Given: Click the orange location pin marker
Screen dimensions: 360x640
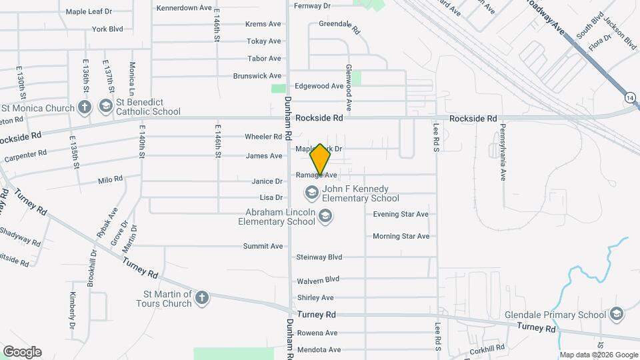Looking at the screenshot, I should (320, 159).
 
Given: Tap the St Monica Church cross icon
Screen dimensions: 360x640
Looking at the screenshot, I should (84, 106).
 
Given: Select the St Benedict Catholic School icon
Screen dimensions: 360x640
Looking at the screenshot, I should (105, 106).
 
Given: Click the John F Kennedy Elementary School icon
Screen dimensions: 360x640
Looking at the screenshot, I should (311, 193).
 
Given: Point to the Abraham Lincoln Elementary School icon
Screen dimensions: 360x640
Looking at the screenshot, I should (325, 215).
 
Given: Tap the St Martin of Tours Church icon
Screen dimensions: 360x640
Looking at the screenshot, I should (201, 298).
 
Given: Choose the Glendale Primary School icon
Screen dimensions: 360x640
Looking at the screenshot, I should (617, 314).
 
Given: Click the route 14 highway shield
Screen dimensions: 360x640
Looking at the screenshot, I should (630, 97).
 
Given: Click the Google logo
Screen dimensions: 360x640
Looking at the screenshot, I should (22, 351).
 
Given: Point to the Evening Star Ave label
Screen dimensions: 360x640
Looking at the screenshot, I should (401, 214).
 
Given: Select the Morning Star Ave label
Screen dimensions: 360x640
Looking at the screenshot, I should (401, 236).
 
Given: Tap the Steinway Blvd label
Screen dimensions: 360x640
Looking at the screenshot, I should (319, 257).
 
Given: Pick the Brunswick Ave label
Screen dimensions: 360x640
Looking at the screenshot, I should (257, 76).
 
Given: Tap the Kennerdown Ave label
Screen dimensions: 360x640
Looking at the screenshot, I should (184, 8).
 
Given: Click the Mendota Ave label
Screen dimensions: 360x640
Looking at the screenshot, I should (319, 349).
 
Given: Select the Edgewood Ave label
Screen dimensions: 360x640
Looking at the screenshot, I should (319, 86).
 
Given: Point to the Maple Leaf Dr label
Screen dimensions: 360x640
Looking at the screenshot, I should (89, 12).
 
